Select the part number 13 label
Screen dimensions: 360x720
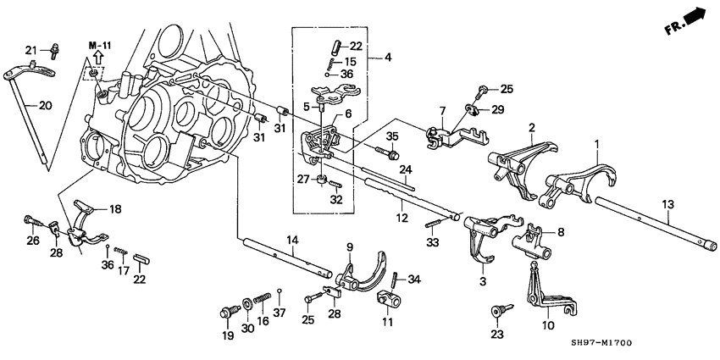(x=668, y=203)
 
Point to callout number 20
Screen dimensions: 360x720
(x=23, y=105)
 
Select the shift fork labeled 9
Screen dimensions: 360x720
(x=363, y=272)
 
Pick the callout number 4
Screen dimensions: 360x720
(x=387, y=58)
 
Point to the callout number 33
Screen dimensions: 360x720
(x=436, y=243)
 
